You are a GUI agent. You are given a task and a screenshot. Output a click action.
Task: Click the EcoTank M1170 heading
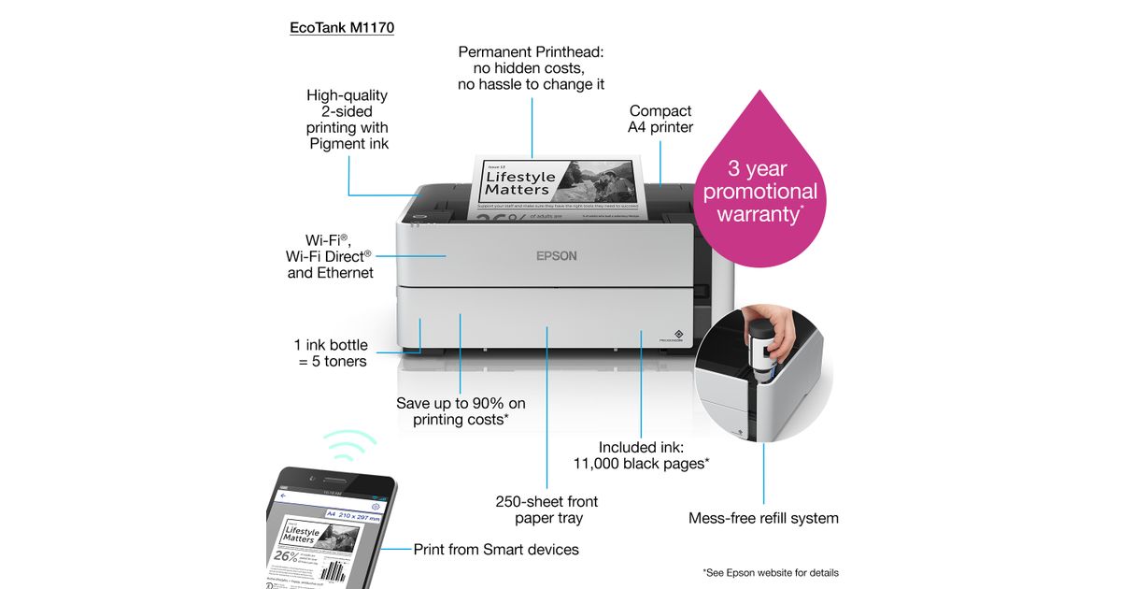[x=341, y=28]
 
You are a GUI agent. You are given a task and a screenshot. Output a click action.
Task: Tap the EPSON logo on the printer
[x=556, y=255]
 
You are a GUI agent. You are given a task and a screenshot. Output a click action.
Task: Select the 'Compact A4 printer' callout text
[x=660, y=119]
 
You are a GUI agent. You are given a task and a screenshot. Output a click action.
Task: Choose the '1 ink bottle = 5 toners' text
[x=332, y=352]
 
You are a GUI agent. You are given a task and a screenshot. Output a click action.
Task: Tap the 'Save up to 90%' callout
[x=461, y=411]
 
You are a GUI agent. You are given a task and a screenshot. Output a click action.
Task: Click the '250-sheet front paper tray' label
[x=546, y=510]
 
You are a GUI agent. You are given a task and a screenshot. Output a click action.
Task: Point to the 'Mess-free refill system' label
[x=763, y=518]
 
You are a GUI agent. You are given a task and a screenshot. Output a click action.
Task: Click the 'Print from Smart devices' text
[x=496, y=549]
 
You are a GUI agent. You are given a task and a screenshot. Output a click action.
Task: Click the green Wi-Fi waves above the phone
[x=349, y=445]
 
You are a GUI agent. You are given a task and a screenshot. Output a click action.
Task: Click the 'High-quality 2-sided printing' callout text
[x=348, y=120]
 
